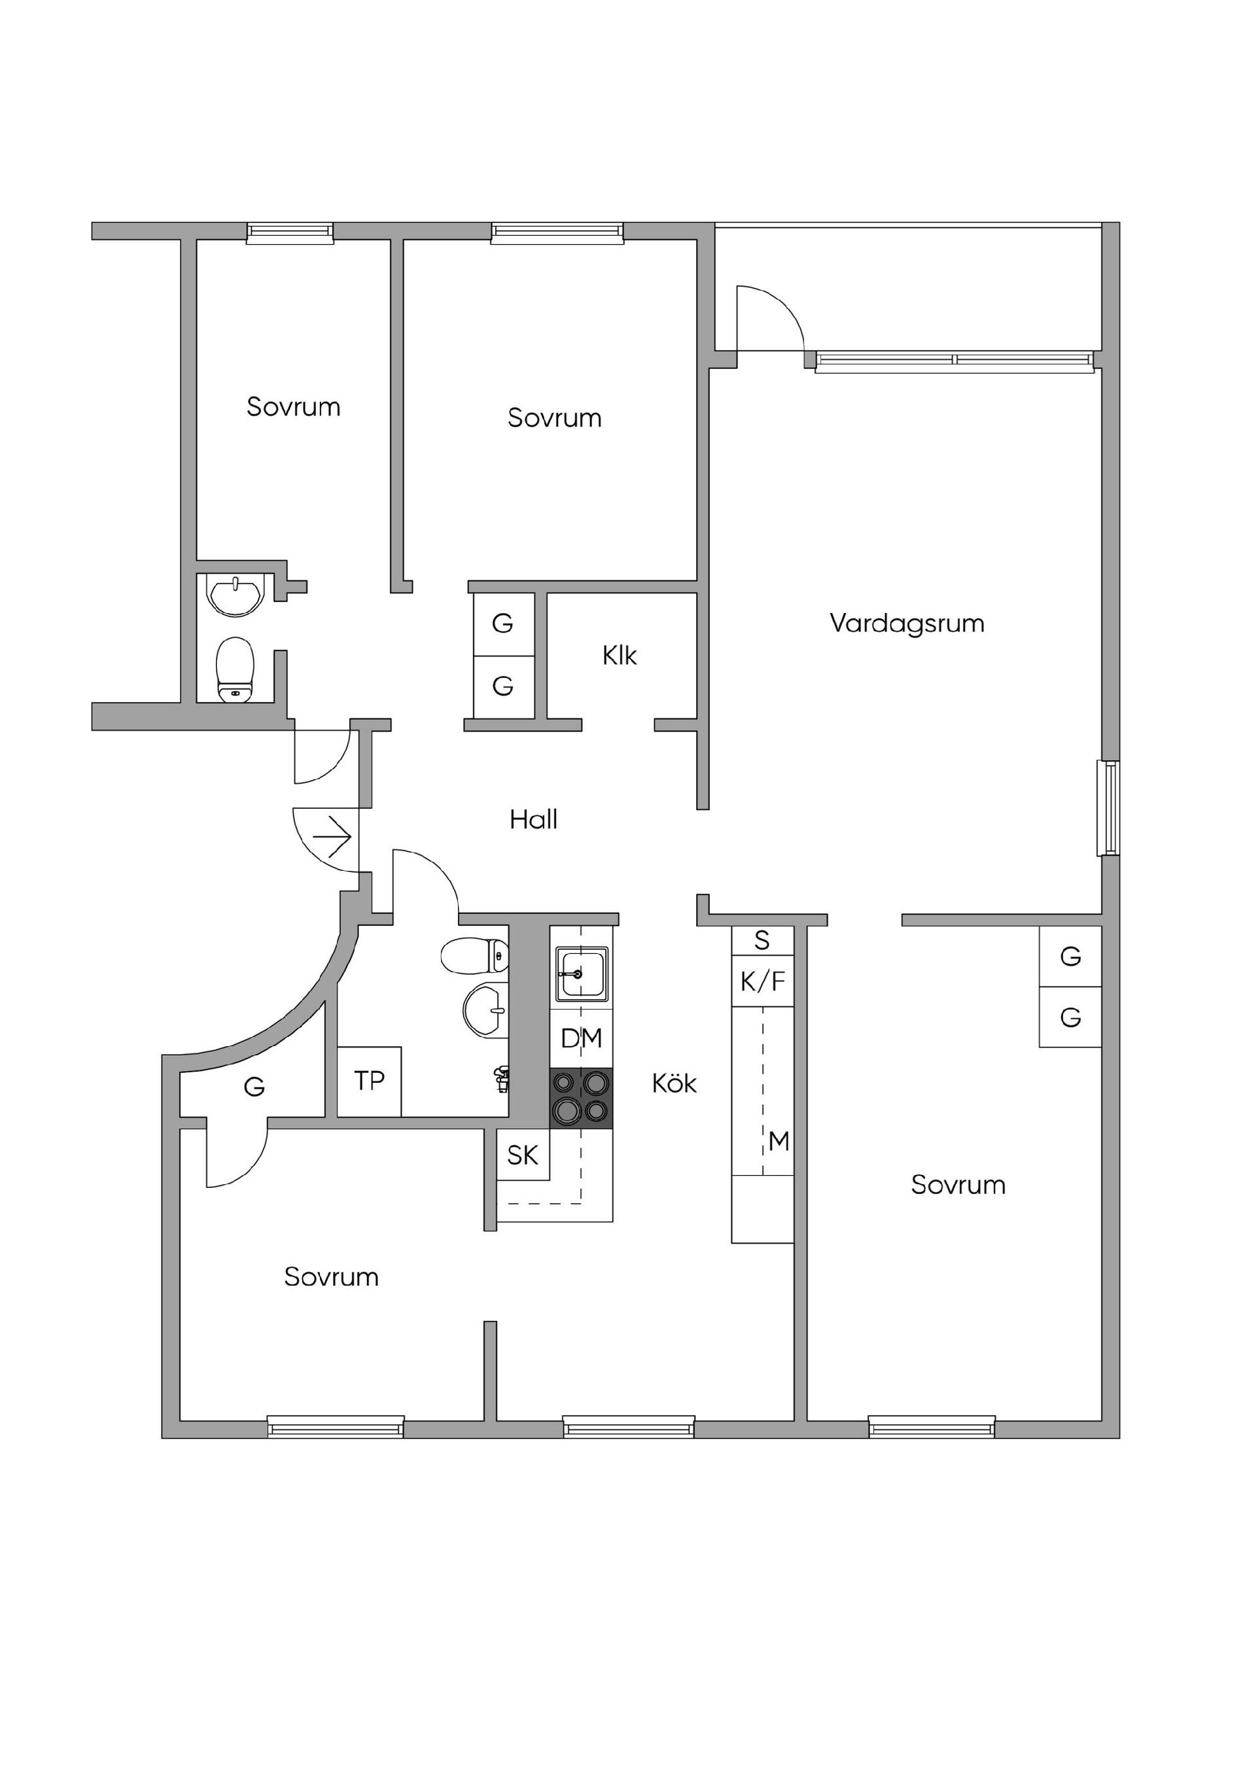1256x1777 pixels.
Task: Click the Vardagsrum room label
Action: pos(906,623)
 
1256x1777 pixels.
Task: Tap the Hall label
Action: pos(533,820)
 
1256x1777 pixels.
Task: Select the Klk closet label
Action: pos(619,656)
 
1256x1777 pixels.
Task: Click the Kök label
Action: pos(674,1083)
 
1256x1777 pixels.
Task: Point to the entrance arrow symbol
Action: pos(333,837)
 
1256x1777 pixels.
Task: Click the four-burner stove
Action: pos(580,1099)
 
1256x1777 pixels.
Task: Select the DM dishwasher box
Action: pos(581,1038)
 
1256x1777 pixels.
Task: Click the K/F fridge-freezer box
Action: pos(762,982)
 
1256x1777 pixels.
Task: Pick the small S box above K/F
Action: pos(762,940)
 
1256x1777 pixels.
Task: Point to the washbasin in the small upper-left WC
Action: pos(235,594)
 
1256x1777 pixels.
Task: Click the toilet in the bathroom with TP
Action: pos(474,956)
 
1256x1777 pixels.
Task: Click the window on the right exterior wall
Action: pos(1108,808)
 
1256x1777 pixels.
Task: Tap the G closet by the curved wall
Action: pos(254,1087)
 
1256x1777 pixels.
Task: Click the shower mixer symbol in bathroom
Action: pos(502,1078)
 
